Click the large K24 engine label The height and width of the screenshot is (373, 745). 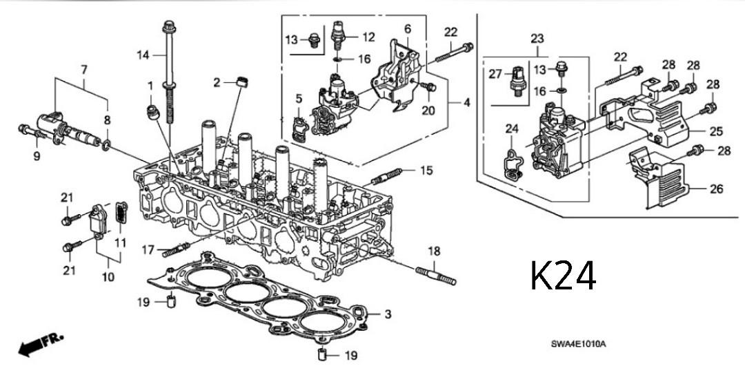click(564, 276)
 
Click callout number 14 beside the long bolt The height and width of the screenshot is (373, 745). click(142, 55)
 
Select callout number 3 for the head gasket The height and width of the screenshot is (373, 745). click(388, 314)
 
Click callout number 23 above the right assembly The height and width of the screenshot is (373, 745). click(537, 40)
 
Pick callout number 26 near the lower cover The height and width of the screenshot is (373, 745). click(716, 189)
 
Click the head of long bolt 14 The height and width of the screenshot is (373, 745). click(168, 28)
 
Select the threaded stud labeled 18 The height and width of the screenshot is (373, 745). click(436, 277)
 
